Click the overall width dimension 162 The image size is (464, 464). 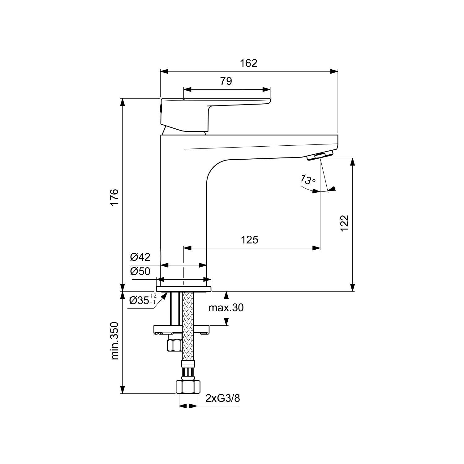coord(249,63)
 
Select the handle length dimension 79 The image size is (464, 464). coord(226,81)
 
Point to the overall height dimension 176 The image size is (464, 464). coord(114,196)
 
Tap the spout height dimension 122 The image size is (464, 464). coord(344,223)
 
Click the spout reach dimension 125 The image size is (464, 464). coord(249,239)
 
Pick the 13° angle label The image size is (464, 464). coord(308,179)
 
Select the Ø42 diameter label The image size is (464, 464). coord(140,257)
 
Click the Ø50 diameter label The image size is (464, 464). coord(140,271)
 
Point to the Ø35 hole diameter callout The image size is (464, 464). coord(143,299)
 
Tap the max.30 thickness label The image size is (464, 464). coord(226,307)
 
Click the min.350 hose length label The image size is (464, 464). coord(115,341)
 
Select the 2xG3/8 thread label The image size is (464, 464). coord(222,398)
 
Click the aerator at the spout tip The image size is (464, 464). coord(320,155)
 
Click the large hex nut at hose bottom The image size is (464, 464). coord(188,387)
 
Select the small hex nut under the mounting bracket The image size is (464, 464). coord(174,344)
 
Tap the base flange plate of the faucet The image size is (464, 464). coord(184,289)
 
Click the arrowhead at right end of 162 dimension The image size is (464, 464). coord(334,71)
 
